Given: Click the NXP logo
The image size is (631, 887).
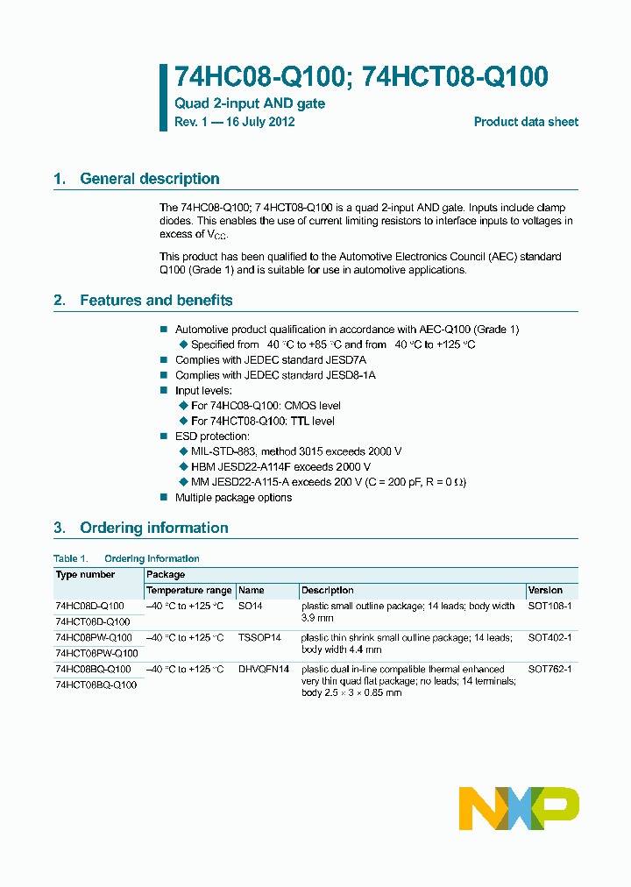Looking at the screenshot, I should pos(519,808).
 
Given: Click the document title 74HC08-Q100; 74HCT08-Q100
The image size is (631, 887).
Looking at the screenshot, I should pos(361,77).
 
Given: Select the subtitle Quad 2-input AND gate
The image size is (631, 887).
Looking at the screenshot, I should pos(250,103).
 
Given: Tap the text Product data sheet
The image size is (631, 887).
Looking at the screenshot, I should pos(526,122).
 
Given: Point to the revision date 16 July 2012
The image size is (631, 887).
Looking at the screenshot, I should pos(260,122).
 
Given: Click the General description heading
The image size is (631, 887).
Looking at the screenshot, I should pos(149,179).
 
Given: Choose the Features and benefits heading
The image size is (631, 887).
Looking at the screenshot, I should pos(156,301).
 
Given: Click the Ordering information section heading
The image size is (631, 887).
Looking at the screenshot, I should pos(153,528).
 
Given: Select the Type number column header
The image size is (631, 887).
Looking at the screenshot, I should pos(85,575).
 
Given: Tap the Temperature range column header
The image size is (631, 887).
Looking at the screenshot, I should pos(188,591).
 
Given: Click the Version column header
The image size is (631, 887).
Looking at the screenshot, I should pos(545,591).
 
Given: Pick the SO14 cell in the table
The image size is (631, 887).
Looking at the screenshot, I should pos(251,607).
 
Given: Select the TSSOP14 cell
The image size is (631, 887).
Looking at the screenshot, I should pos(259,638).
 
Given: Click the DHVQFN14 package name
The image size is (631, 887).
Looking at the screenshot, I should pos(264,670).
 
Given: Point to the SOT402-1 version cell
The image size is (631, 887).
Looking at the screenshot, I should pos(549,638).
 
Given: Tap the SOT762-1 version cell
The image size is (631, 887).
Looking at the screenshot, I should pos(549,670).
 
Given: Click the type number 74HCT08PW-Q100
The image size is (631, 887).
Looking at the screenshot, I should pos(96,654).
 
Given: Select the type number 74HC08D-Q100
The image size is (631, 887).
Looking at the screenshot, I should pos(89,607).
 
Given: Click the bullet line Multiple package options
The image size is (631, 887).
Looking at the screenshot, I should pos(233,498).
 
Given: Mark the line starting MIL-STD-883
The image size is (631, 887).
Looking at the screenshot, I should pos(295,451).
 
